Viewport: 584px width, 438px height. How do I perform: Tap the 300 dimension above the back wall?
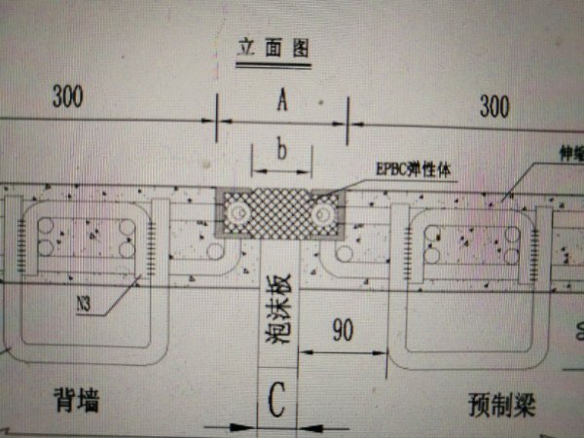[65, 97]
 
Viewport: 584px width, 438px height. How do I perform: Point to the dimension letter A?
[281, 100]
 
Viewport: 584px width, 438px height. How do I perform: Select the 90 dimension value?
[340, 330]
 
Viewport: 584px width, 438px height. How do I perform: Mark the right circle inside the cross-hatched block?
[325, 210]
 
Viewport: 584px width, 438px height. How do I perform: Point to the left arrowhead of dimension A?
[220, 122]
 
